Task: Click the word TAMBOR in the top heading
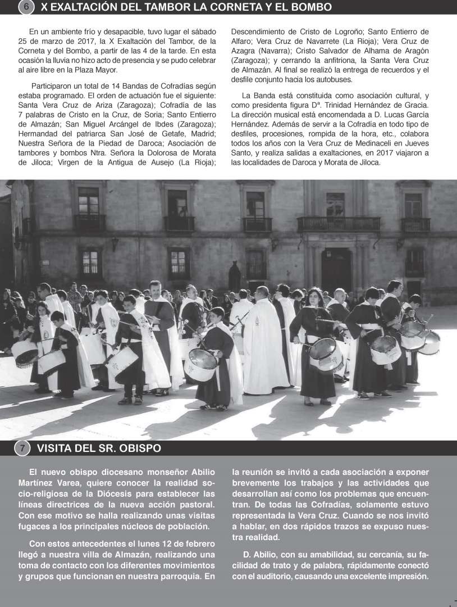tap(166, 7)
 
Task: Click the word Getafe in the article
tap(158, 133)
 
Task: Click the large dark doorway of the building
tap(336, 270)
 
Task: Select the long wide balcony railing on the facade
tap(338, 224)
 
